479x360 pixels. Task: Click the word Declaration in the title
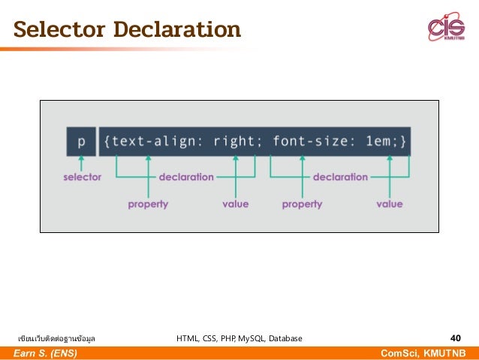[177, 31]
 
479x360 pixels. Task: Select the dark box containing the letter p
[81, 141]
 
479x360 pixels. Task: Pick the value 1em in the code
[377, 141]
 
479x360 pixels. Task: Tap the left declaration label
[186, 177]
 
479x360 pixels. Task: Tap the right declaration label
[340, 177]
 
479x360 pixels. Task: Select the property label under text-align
[148, 204]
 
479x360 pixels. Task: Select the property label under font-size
[302, 204]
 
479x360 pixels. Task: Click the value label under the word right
[236, 204]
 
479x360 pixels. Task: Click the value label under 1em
[390, 204]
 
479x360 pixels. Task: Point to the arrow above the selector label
[80, 162]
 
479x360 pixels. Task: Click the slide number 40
[455, 338]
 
